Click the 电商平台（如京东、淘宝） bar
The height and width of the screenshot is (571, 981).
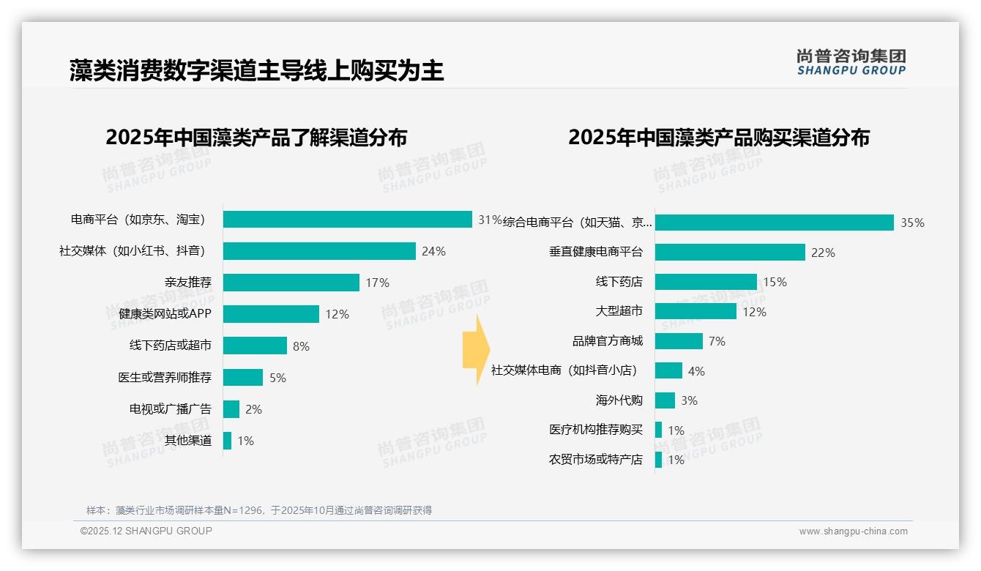pos(348,220)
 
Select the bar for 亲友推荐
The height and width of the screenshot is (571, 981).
pos(291,283)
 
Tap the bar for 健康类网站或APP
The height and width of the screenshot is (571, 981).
pos(271,314)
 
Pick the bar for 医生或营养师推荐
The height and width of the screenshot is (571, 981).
pos(243,378)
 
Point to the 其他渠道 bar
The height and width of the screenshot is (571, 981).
pos(228,441)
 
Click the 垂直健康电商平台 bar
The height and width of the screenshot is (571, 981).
pos(730,253)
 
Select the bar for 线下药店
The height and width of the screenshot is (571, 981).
pos(706,282)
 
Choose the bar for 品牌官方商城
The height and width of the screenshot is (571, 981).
pos(679,341)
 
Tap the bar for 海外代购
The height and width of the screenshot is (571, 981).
pos(665,400)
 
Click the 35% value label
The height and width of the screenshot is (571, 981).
pos(912,223)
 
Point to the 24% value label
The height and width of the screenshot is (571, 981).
pos(433,252)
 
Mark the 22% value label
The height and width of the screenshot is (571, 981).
pos(823,253)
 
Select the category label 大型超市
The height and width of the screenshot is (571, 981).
pos(619,311)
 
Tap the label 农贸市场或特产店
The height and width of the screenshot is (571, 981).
pos(596,460)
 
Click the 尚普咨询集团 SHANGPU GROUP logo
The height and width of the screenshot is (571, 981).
pos(851,61)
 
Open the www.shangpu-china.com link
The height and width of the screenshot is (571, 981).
pos(853,531)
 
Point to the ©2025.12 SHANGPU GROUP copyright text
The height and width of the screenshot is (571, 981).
pos(146,531)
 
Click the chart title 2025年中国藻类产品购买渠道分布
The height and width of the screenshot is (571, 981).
pos(719,138)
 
